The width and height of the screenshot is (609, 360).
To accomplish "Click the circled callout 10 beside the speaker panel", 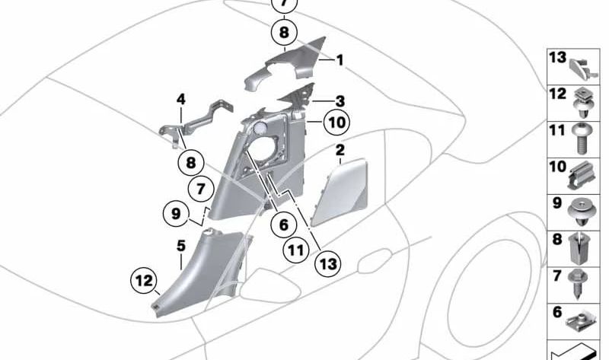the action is [336, 123].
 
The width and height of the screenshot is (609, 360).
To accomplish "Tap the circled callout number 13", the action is [328, 264].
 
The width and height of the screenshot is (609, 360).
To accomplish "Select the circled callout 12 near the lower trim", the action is [144, 280].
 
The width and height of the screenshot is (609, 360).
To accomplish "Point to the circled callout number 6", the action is [284, 225].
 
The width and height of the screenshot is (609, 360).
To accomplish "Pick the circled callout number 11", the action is [295, 250].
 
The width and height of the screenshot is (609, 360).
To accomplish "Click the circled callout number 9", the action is [176, 213].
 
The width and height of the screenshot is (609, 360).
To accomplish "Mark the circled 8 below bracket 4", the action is [191, 163].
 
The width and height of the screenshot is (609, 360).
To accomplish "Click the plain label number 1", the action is [340, 60].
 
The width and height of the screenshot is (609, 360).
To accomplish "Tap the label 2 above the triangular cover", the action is [340, 150].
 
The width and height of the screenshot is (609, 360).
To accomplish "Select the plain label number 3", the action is [340, 101].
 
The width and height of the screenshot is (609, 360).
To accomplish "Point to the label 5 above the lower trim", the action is [181, 246].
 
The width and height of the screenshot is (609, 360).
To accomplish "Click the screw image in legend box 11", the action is [582, 139].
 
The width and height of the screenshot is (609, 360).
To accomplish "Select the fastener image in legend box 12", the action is [582, 104].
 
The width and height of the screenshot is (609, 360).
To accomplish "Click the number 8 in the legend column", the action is [557, 239].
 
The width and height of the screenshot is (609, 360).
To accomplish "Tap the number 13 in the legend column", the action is [558, 58].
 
